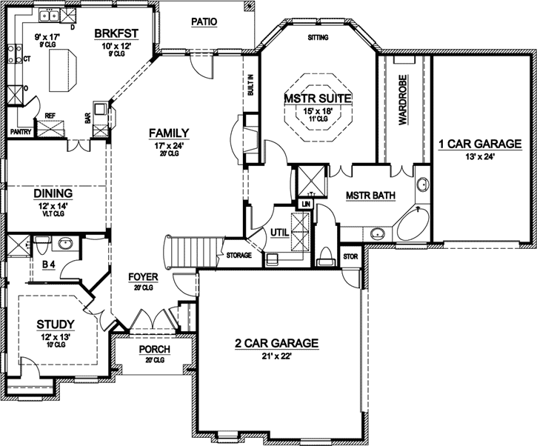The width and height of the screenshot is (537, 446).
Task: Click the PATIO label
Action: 204,22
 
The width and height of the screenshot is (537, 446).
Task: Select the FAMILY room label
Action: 169,133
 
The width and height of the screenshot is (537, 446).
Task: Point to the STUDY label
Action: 56,324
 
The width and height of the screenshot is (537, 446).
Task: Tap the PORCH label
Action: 154,350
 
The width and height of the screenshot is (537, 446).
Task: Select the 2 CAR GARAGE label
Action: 276,343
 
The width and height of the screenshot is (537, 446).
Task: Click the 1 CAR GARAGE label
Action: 480,144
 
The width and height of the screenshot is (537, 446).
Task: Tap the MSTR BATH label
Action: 370,196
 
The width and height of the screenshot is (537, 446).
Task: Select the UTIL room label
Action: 280,232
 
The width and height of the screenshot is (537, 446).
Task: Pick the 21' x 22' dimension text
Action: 277,356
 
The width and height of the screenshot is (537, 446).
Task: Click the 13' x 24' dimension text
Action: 480,156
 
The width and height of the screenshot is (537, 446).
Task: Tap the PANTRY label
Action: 19,131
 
